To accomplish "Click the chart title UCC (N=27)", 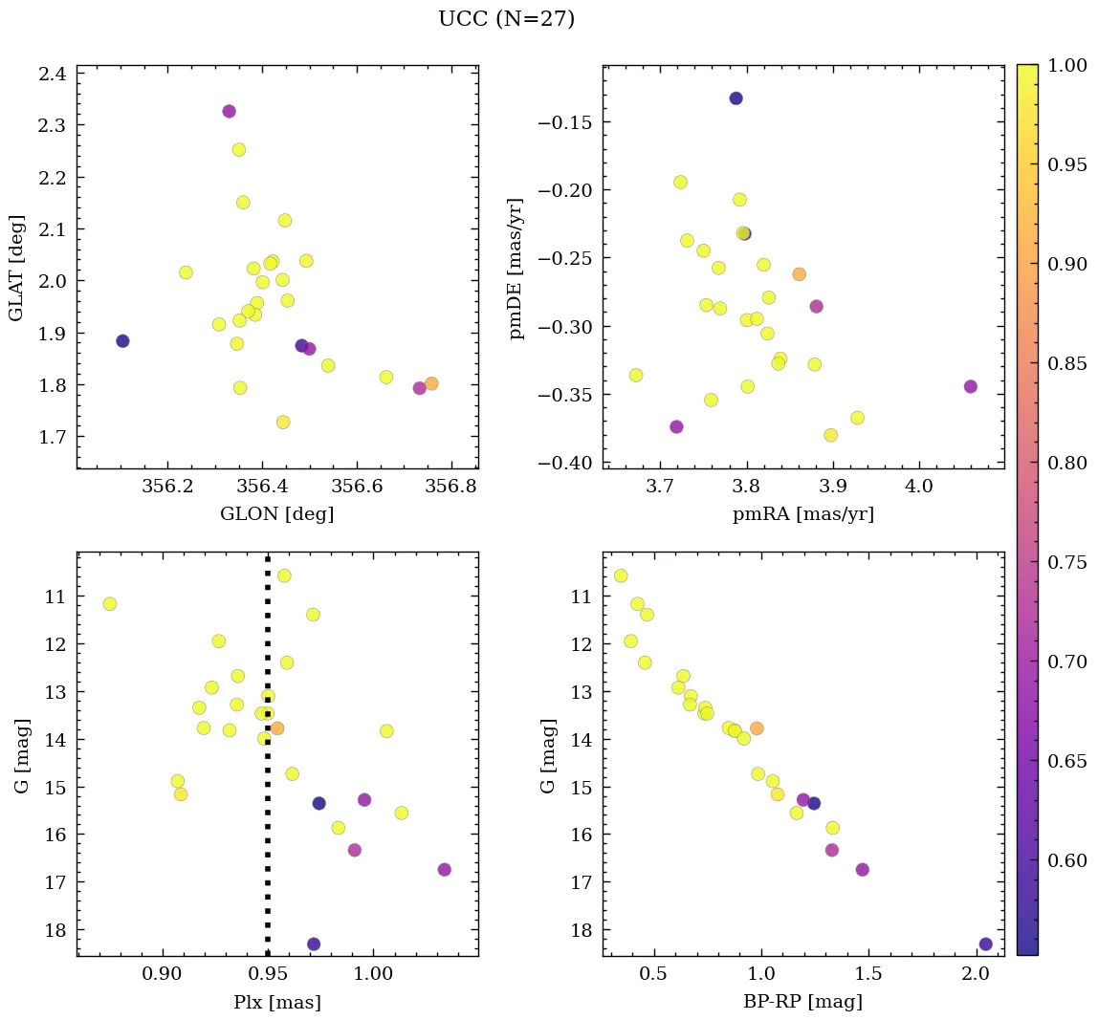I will [506, 19].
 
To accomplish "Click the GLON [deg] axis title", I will [276, 514].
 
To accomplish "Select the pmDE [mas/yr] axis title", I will [516, 268].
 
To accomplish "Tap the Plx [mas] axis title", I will [276, 1002].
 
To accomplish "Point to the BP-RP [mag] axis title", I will [802, 1002].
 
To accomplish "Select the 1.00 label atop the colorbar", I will [1066, 65].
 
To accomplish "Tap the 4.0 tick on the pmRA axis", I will [918, 486].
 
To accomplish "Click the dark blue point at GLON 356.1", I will [122, 341].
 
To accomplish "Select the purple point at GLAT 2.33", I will [229, 111].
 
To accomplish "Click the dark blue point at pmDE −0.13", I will [736, 98].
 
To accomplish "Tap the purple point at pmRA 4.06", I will [971, 386].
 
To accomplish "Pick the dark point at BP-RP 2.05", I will [985, 944].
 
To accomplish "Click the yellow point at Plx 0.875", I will [110, 603].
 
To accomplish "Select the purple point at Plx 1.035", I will [444, 869].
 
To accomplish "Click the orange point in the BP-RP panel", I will [757, 728].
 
